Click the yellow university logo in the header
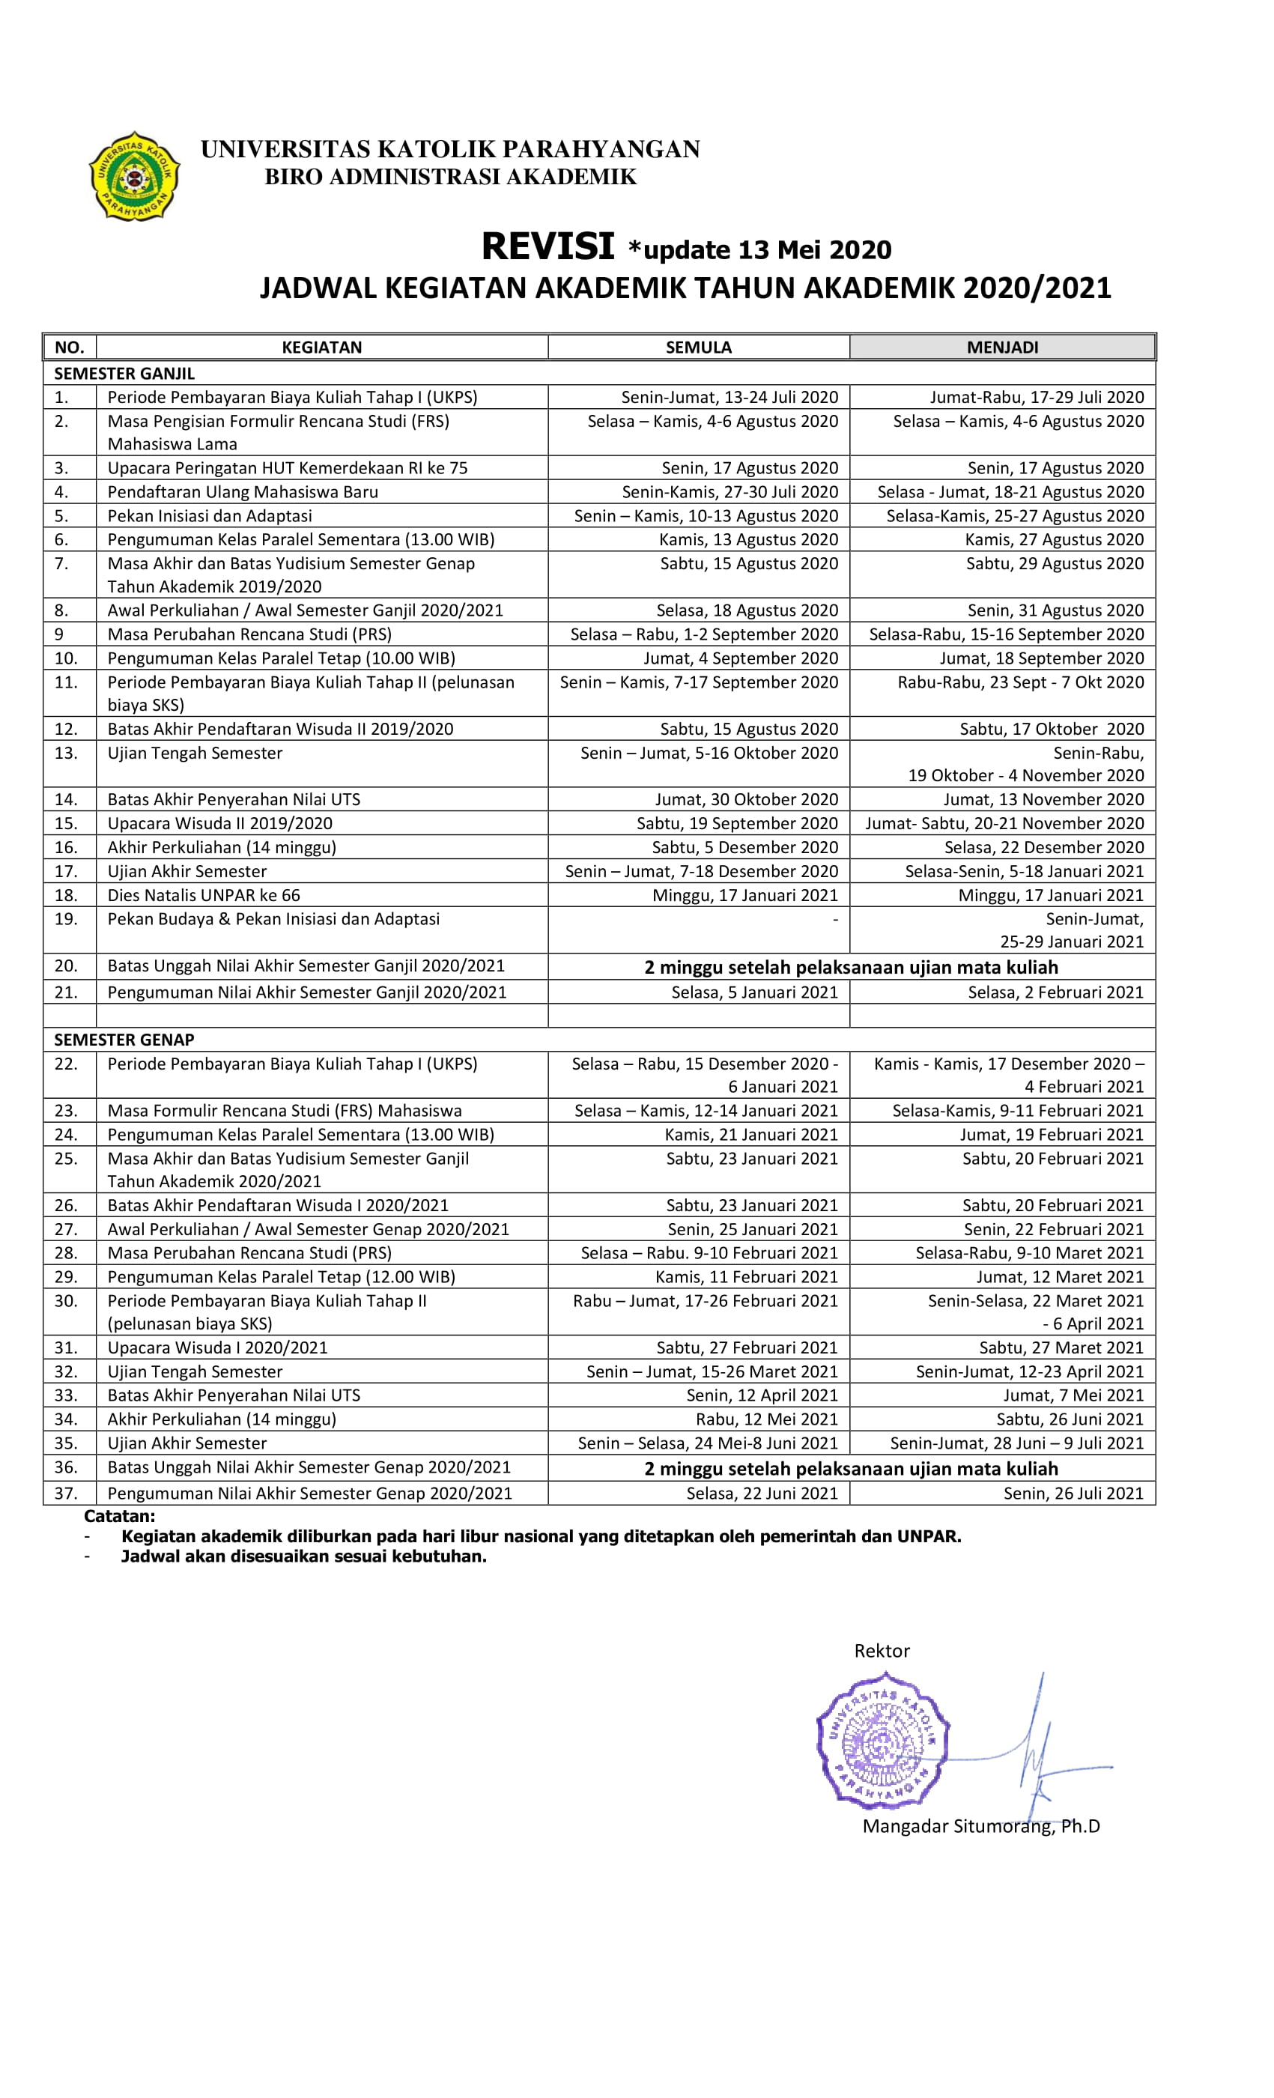pos(135,176)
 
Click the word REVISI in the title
pos(547,247)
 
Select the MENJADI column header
pos(1002,348)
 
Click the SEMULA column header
pos(698,348)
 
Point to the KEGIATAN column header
pos(322,348)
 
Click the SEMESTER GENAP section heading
pos(124,1040)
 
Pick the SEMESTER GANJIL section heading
pos(124,374)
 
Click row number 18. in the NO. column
pos(66,895)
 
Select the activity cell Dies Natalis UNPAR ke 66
pos(204,895)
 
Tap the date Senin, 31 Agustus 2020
pos(1055,610)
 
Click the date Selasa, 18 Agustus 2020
pos(747,610)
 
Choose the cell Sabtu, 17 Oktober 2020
pos(1051,729)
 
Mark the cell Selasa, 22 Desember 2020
pos(1043,847)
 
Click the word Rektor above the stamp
pos(882,1651)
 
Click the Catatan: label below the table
pos(119,1515)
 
